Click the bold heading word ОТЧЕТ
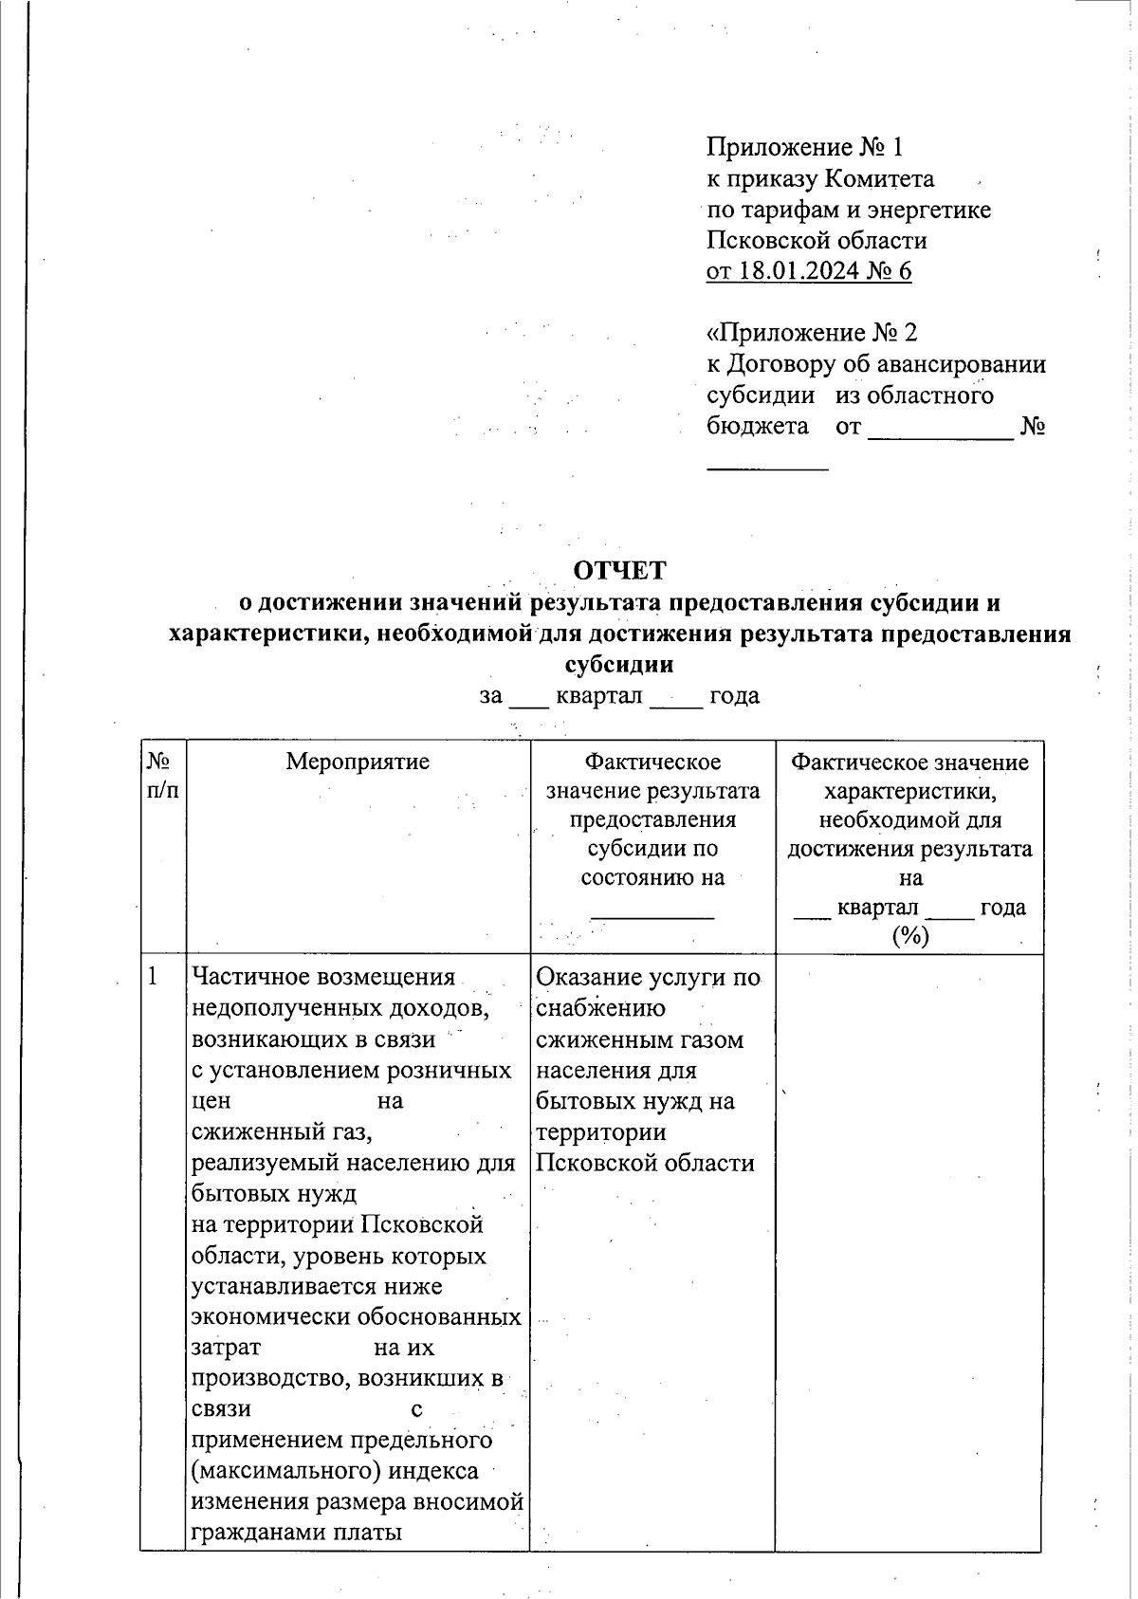coord(619,571)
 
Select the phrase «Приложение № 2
coord(813,333)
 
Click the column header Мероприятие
coord(358,762)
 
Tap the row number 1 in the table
coord(153,976)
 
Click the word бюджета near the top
coord(758,426)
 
